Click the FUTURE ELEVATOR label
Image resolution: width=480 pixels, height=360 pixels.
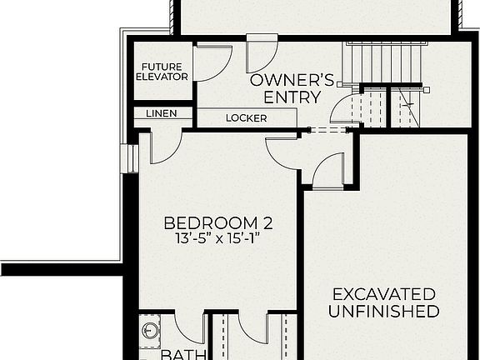[x=162, y=72]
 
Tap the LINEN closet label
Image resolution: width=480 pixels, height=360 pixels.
[x=161, y=113]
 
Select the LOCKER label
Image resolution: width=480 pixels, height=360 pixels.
[x=246, y=118]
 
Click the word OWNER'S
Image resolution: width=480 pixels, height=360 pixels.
[x=292, y=81]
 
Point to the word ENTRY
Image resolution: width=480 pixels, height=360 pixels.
[x=292, y=97]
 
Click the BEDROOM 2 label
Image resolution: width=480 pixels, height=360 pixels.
[x=218, y=223]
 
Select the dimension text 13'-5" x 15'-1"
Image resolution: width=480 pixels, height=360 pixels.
[x=218, y=239]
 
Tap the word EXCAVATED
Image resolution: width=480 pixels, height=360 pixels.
[x=383, y=294]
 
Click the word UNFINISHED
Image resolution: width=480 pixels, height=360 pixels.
[x=383, y=312]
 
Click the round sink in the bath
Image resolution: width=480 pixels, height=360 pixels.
[x=151, y=331]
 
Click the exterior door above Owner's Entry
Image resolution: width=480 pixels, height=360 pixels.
[x=262, y=54]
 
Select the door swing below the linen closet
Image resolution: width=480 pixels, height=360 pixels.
[x=163, y=147]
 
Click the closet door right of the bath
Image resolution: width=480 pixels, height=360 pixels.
[x=251, y=327]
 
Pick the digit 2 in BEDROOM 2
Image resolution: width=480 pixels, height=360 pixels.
[x=267, y=223]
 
